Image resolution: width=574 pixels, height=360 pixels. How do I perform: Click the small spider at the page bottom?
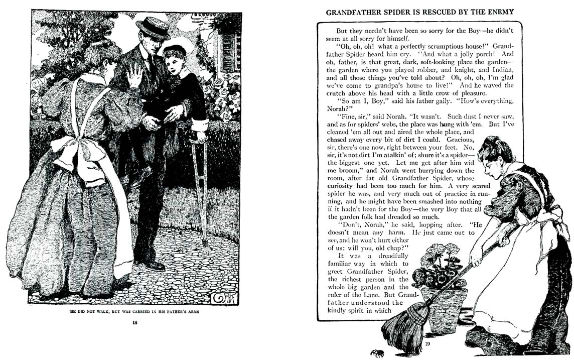tap(377, 352)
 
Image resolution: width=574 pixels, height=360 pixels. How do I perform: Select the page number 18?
tap(134, 322)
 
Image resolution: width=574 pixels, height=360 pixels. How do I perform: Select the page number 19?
tap(427, 344)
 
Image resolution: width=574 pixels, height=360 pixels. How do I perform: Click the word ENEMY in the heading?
tap(499, 12)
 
